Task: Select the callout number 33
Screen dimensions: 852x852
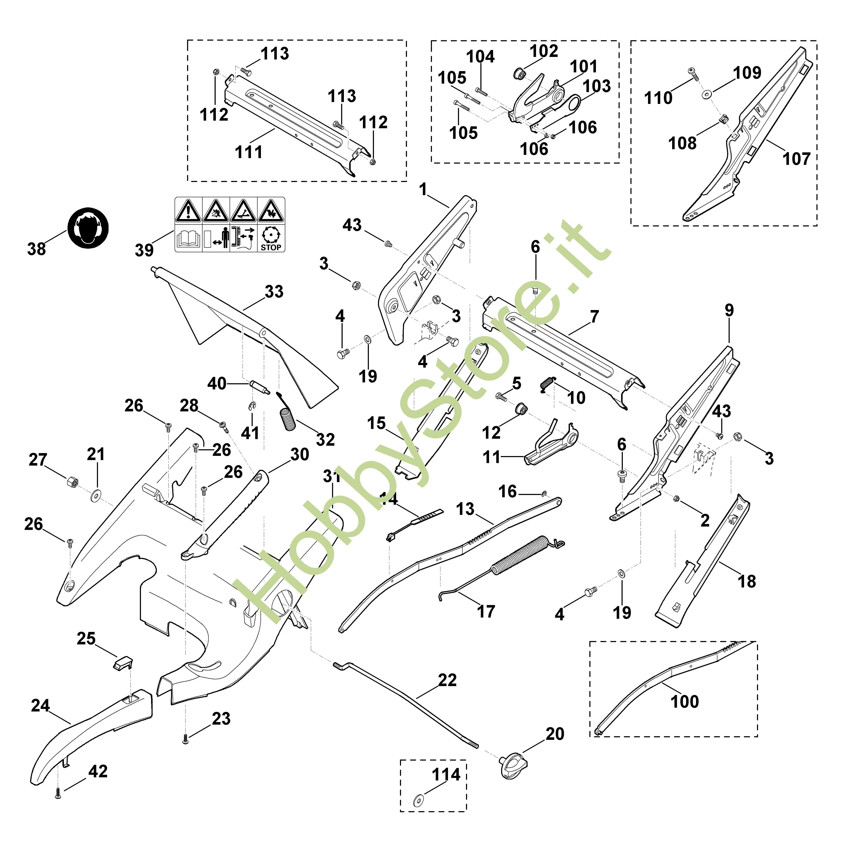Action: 274,291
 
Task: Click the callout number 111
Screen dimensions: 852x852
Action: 248,152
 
